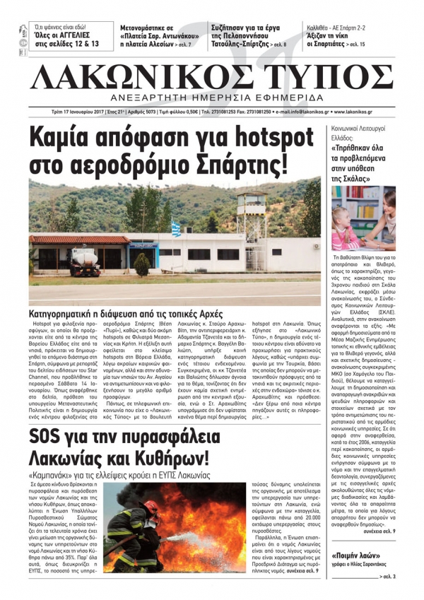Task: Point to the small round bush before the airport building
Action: [x=142, y=264]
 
